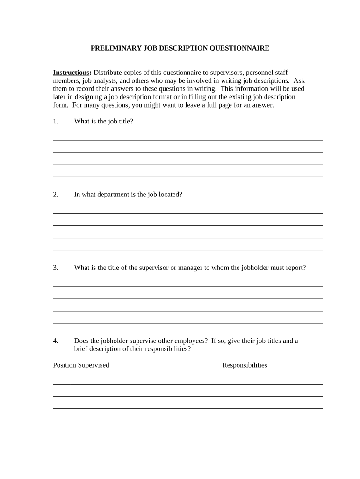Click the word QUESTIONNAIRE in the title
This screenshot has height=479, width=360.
coord(239,48)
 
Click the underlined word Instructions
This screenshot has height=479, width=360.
coord(71,73)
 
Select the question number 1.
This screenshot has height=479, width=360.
coord(56,122)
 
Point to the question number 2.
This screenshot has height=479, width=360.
coord(56,195)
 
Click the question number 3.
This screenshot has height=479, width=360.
coord(56,268)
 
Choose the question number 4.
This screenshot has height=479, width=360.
coord(56,341)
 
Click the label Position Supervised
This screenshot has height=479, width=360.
coord(81,365)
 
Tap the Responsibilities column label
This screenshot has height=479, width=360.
coord(245,365)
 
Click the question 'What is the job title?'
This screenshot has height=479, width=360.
coord(103,122)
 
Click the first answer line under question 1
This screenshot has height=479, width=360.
coord(187,140)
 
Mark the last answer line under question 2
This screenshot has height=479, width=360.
coord(187,250)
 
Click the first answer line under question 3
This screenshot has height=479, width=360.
coord(187,286)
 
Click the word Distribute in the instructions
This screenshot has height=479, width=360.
coord(108,73)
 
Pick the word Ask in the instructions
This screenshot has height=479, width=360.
coord(299,80)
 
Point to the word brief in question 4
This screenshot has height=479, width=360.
coord(82,349)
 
